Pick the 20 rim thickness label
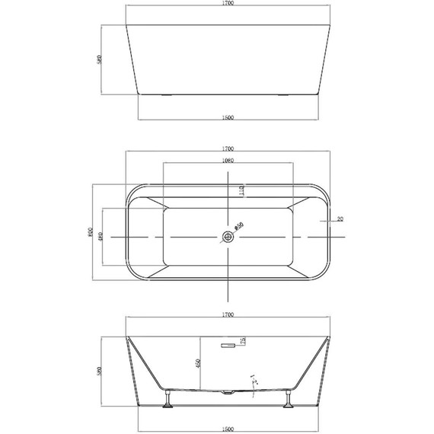(x=340, y=219)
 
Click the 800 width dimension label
(x=91, y=234)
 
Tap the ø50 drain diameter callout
(x=238, y=226)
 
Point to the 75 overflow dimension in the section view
(x=242, y=343)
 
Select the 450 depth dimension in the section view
(x=198, y=364)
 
